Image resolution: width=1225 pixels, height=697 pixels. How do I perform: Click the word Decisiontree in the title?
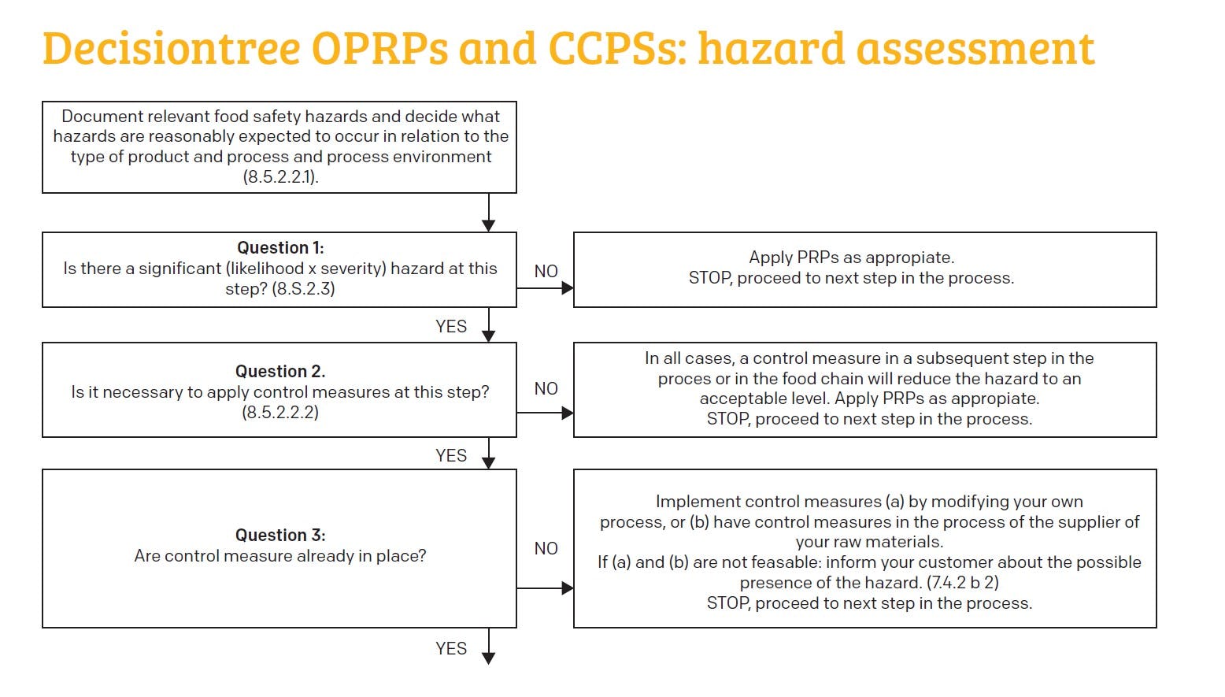point(172,49)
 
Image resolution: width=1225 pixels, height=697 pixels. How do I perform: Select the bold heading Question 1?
point(280,248)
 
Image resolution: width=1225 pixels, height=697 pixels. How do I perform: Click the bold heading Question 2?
point(280,371)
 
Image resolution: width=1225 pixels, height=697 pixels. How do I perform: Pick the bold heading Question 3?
point(280,536)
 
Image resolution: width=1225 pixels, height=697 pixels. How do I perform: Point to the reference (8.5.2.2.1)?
point(280,177)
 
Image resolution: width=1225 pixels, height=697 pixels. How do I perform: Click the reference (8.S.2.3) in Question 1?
point(303,289)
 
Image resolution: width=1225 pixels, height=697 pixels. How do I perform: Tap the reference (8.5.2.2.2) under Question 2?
point(280,412)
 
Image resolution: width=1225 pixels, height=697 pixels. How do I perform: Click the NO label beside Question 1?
point(546,272)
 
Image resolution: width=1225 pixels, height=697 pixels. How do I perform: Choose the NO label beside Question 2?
point(546,389)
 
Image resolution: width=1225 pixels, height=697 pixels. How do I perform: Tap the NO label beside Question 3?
point(546,549)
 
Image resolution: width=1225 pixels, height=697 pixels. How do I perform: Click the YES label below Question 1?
point(451,327)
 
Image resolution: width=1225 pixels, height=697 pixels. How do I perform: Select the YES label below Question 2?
point(451,456)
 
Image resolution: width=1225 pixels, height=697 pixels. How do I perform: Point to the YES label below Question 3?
point(451,649)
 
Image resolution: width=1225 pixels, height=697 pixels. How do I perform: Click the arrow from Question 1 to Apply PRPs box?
point(546,288)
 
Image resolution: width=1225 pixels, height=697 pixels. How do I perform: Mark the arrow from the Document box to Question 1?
point(489,212)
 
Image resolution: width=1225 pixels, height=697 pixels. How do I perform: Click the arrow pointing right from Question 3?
point(546,588)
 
